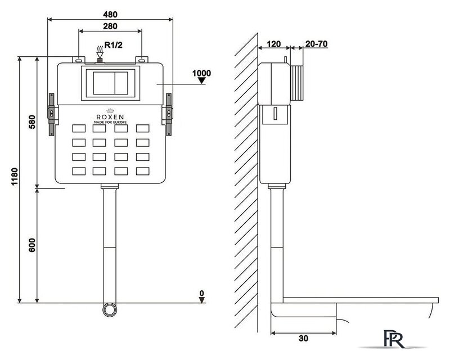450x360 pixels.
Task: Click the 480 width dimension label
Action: (x=110, y=14)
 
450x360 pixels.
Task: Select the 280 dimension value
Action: (x=110, y=26)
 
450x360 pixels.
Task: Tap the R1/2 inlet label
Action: (x=114, y=45)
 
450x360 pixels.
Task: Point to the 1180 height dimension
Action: (x=15, y=177)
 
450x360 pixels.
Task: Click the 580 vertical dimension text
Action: (x=32, y=121)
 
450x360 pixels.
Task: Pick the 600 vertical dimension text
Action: (x=32, y=245)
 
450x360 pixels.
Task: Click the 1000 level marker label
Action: (x=201, y=73)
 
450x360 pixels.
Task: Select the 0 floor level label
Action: (x=202, y=293)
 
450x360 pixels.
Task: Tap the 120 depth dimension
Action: (x=274, y=44)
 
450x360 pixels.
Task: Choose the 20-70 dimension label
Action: (x=316, y=44)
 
